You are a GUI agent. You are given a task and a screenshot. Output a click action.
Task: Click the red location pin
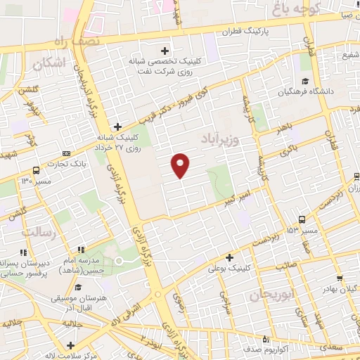[181, 165]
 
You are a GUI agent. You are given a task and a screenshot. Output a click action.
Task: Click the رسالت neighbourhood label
[38, 231]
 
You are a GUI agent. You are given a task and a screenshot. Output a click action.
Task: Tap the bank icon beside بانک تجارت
[66, 153]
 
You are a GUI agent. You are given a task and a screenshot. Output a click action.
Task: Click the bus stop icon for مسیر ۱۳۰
[35, 170]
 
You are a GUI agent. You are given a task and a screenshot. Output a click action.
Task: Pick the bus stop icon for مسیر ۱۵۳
[302, 219]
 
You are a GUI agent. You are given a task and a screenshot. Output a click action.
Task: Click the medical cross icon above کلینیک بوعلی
[229, 257]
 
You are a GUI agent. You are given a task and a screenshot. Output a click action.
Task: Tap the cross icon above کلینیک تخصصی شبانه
[166, 51]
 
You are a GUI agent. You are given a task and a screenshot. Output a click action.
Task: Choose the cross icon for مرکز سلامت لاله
[70, 345]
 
